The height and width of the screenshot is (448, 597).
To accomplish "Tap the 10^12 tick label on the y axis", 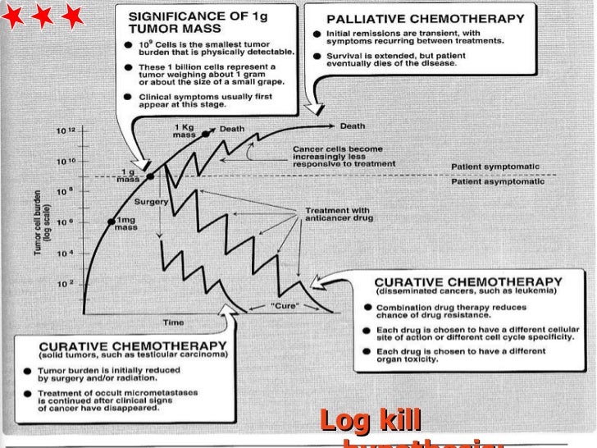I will [x=66, y=131].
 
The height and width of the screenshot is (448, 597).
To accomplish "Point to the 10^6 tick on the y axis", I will [x=66, y=222].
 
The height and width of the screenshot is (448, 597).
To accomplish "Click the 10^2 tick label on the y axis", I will [x=66, y=283].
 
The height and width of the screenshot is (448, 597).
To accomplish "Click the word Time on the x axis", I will [x=173, y=322].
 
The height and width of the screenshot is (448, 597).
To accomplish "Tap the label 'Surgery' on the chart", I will [x=153, y=201].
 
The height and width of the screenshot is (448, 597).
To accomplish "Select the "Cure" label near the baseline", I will [x=283, y=306].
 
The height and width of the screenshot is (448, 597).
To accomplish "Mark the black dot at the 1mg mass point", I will [x=111, y=222].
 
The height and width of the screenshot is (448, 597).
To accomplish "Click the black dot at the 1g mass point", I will [x=150, y=176].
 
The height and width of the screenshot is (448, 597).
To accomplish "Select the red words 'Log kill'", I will [x=370, y=421].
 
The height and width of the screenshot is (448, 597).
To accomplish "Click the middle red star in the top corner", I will [x=43, y=15].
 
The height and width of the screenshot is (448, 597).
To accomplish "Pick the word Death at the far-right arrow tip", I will [x=353, y=126].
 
